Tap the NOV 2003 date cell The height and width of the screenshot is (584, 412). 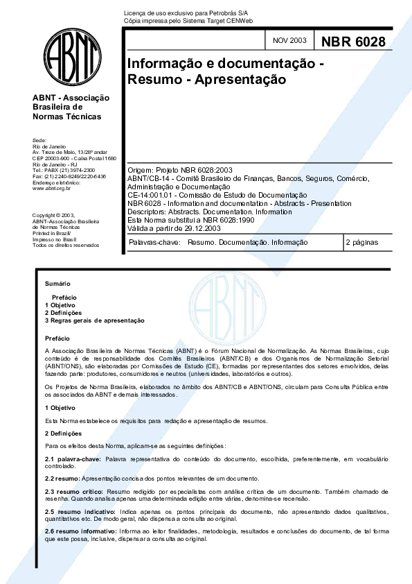coord(289,43)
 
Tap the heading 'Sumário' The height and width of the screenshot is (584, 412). coord(57,284)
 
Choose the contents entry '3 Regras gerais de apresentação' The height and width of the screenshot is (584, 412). coord(94,320)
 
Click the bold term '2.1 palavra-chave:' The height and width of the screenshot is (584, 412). coord(73,459)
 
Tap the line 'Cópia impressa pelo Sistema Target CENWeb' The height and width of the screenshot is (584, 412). coord(183,22)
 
